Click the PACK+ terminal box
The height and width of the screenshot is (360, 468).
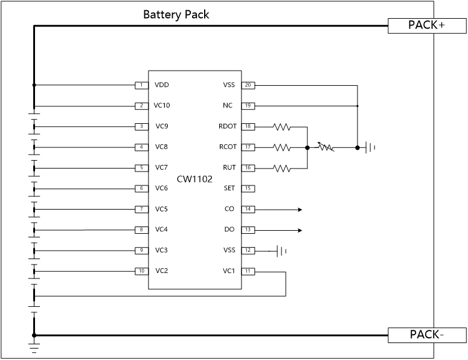427,25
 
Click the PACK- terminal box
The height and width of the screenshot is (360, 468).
427,335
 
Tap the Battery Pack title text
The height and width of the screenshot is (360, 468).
176,14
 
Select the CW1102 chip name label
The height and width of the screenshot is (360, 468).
194,179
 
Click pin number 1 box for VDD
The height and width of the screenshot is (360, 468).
141,85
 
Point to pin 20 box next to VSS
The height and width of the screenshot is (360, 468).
248,85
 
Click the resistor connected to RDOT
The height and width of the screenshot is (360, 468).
282,127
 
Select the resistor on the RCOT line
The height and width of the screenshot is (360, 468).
282,147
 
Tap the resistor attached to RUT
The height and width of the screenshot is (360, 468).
282,169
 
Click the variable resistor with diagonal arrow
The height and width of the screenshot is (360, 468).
325,147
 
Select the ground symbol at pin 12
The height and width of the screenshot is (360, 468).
281,251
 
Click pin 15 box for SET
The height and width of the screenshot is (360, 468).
248,188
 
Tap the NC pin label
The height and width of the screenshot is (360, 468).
228,106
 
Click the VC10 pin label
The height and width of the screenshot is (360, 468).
162,106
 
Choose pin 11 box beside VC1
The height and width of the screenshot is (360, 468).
248,271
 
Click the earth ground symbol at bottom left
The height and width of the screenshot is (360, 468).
34,347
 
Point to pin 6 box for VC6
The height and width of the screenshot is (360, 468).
141,188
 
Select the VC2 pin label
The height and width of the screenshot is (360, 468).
161,271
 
